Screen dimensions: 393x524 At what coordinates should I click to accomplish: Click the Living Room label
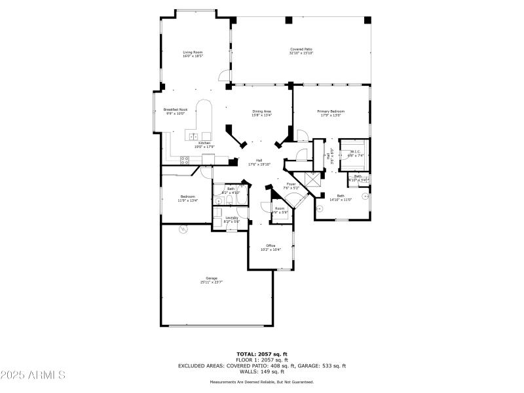(x=193, y=52)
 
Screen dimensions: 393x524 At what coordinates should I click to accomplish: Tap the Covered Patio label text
(x=301, y=49)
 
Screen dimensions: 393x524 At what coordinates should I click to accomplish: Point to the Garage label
(x=212, y=278)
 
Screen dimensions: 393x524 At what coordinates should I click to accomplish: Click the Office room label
(x=271, y=246)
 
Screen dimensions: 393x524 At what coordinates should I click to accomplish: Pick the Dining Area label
(x=262, y=111)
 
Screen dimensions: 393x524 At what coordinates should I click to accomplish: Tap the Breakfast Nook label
(x=175, y=109)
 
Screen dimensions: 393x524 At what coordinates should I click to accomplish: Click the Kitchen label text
(x=204, y=143)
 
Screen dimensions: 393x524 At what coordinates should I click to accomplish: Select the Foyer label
(x=291, y=184)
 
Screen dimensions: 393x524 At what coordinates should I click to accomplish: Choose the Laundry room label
(x=232, y=217)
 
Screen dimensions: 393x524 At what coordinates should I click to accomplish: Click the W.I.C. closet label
(x=354, y=152)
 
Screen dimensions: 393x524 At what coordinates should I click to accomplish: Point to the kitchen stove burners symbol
(x=185, y=159)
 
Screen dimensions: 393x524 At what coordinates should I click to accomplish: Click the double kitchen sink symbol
(x=194, y=136)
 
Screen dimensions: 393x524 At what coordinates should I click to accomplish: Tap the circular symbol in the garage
(x=183, y=229)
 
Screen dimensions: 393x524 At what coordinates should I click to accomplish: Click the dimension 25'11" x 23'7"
(x=212, y=282)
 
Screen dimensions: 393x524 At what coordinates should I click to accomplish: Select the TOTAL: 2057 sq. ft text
(x=261, y=354)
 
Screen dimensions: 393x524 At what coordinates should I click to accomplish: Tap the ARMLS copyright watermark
(x=33, y=375)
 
